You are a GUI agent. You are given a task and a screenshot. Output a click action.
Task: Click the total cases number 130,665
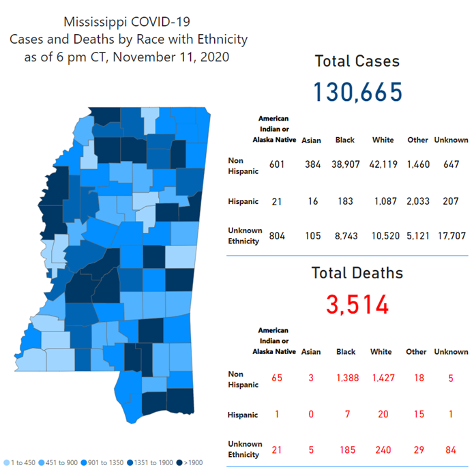tap(357, 91)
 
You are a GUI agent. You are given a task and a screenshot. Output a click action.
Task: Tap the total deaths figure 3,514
tap(357, 303)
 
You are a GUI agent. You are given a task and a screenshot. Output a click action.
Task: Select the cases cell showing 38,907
tap(344, 165)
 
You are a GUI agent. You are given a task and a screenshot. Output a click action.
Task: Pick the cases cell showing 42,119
tap(383, 165)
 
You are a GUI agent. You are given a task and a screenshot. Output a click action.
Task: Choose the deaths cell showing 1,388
tap(346, 378)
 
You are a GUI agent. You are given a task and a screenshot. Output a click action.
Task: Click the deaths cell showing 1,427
tap(381, 378)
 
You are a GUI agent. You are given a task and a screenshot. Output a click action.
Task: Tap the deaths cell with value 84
tap(450, 450)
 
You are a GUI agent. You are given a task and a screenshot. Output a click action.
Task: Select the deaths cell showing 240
tap(381, 450)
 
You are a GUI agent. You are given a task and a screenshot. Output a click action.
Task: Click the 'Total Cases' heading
tap(357, 61)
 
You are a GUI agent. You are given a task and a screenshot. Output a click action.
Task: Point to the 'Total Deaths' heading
tap(357, 273)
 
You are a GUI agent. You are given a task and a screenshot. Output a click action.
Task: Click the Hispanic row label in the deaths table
tap(243, 415)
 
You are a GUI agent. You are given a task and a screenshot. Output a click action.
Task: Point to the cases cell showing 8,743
tap(344, 236)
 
